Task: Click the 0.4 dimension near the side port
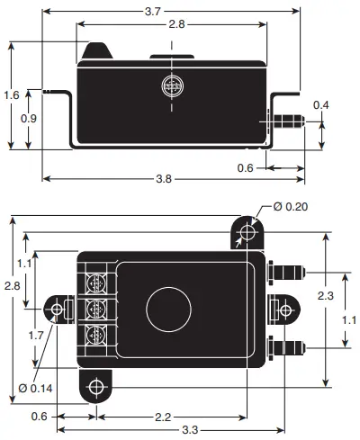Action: [320, 105]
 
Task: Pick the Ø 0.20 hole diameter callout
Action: [287, 206]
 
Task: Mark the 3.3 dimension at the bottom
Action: [191, 432]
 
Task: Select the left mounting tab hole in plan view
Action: [58, 310]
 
